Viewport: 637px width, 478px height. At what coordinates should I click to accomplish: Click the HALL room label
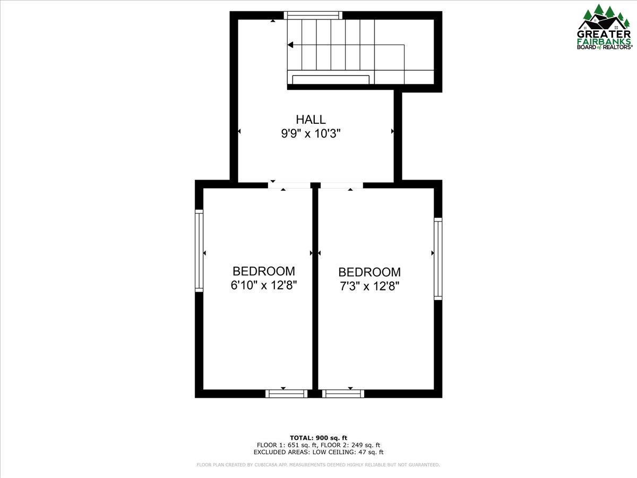(311, 119)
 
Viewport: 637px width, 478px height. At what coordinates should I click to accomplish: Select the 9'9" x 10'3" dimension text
(311, 134)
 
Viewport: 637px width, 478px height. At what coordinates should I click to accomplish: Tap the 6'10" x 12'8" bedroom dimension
(264, 285)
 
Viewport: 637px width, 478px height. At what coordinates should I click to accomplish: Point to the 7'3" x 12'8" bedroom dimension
(369, 286)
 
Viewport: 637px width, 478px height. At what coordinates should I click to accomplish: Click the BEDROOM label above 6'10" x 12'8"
(264, 271)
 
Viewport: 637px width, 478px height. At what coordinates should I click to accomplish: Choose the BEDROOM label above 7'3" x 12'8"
(369, 272)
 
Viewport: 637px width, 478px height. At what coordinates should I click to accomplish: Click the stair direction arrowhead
(290, 45)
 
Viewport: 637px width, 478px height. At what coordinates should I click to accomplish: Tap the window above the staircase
(313, 15)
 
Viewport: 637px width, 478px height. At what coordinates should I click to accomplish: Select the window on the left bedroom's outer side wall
(199, 251)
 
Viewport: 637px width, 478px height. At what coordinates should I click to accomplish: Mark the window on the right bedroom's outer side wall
(438, 259)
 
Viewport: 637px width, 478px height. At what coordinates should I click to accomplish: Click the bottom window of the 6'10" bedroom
(286, 394)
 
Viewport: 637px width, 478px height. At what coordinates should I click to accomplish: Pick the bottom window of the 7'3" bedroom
(343, 394)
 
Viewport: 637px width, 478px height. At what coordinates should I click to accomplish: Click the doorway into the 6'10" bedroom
(289, 185)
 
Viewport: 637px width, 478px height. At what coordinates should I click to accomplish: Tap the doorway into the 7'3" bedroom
(341, 185)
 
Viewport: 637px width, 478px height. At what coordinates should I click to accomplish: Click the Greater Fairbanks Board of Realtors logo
(605, 27)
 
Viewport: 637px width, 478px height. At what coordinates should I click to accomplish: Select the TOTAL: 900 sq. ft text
(318, 438)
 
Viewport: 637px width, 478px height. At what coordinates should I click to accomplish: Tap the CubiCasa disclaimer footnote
(318, 465)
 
